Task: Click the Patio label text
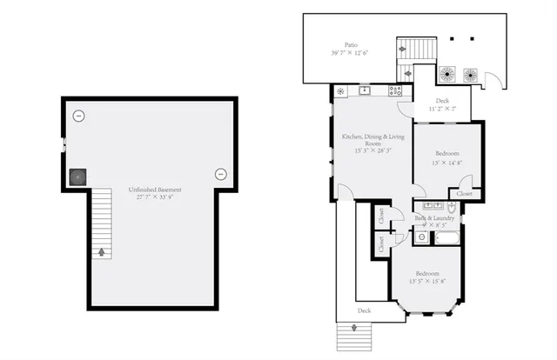[351, 43]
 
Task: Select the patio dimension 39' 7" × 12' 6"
[351, 53]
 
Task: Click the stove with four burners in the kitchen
[395, 90]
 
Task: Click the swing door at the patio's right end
[493, 83]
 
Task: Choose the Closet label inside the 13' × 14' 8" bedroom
[466, 193]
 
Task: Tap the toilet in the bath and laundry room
[453, 208]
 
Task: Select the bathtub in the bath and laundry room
[448, 237]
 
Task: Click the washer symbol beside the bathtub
[423, 236]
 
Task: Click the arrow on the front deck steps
[354, 329]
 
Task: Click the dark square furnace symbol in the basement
[79, 177]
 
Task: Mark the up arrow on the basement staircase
[103, 253]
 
